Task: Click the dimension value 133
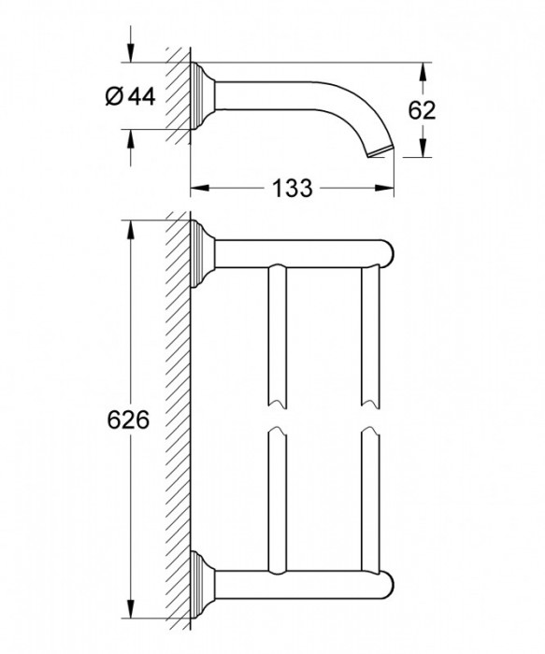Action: click(x=294, y=187)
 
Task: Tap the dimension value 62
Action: click(x=423, y=110)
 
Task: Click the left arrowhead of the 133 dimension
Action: click(x=197, y=188)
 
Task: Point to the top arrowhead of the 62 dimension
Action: click(x=423, y=70)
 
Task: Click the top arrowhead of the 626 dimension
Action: click(x=130, y=228)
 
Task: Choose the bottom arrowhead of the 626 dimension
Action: click(x=130, y=618)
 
